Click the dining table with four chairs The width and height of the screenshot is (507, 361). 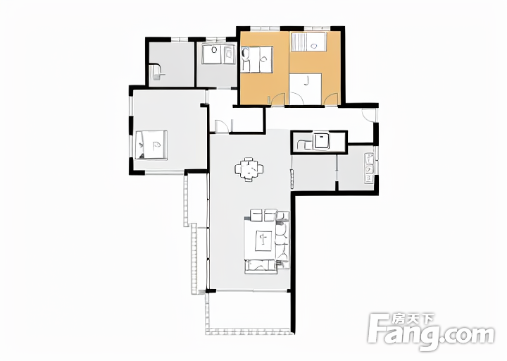pos(249,169)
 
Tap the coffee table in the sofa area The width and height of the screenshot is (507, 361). pos(263,241)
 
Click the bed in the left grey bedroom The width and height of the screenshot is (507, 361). pos(151,145)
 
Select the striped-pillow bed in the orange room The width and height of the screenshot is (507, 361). pos(308,42)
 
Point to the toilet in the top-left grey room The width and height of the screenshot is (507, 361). pos(158,71)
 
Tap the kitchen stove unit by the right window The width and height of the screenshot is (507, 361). pos(369,169)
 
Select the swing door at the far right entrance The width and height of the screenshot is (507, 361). pos(369,115)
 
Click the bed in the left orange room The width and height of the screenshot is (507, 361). pos(258,59)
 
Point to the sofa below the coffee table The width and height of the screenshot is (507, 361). pos(261,267)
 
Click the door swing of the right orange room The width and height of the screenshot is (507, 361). pos(331,99)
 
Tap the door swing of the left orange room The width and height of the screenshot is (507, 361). pos(277,99)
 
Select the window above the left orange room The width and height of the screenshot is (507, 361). pos(265,28)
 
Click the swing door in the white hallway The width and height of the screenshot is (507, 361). pos(222,126)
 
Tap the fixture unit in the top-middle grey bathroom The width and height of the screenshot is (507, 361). pos(218,54)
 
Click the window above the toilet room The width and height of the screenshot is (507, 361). pos(180,39)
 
